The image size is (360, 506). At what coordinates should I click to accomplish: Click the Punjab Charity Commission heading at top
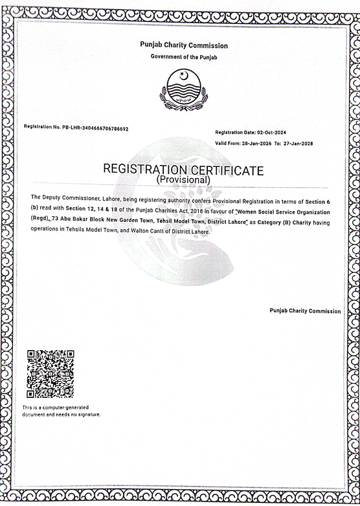(184, 45)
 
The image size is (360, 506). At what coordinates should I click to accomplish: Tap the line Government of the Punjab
(184, 57)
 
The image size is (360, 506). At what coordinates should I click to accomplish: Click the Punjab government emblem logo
(184, 89)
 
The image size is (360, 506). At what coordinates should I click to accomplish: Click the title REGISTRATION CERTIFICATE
(183, 170)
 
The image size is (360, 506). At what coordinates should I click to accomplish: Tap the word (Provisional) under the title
(183, 180)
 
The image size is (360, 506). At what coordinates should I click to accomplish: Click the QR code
(50, 374)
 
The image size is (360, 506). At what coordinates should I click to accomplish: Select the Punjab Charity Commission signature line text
(305, 311)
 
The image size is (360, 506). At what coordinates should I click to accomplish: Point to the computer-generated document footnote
(62, 411)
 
